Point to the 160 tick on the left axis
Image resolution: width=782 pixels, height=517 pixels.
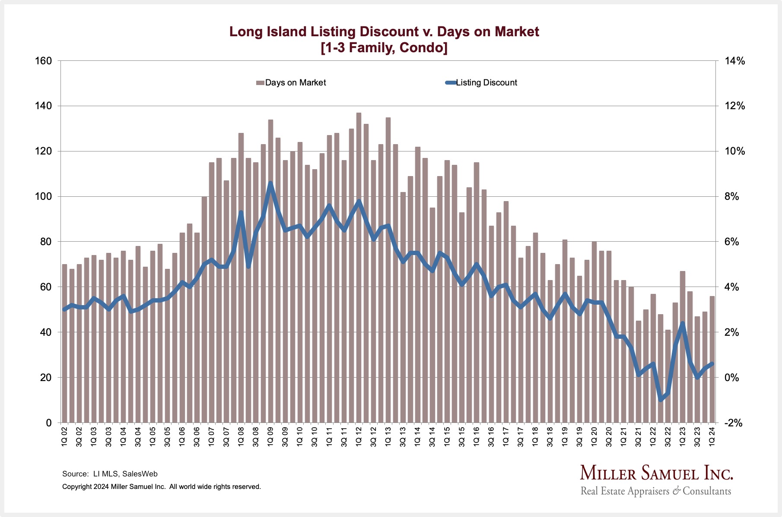tap(43, 61)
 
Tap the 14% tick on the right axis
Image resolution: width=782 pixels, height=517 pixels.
tap(734, 61)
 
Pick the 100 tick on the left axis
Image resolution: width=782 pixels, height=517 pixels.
tap(43, 196)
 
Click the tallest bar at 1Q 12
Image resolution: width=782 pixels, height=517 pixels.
tap(359, 268)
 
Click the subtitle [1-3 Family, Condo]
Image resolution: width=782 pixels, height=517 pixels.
tap(384, 47)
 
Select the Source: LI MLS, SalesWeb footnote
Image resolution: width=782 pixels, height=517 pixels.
tap(110, 474)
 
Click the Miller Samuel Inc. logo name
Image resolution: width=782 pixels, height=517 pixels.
tap(656, 473)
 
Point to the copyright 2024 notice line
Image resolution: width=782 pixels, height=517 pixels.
tap(162, 487)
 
